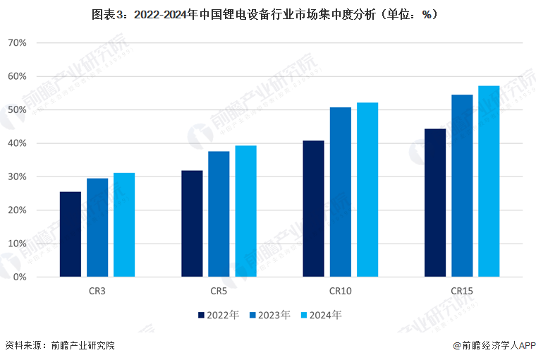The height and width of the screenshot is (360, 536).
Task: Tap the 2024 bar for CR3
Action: (x=124, y=224)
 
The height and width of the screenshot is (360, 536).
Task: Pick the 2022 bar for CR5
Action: (x=192, y=223)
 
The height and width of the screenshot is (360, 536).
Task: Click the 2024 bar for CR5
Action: (x=245, y=211)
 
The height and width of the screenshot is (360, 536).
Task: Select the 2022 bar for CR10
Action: (x=313, y=208)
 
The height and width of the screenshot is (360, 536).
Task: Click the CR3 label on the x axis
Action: (x=97, y=291)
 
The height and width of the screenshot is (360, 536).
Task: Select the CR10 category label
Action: (x=340, y=291)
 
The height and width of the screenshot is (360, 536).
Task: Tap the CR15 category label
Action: (x=462, y=291)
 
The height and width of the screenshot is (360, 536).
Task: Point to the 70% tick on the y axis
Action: (x=17, y=43)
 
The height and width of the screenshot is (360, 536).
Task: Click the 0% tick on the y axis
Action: (x=19, y=277)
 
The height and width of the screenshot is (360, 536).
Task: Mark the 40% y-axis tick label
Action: (x=17, y=143)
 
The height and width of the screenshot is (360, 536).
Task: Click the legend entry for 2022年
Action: (x=218, y=316)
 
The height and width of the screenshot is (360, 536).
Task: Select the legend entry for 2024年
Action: (x=321, y=316)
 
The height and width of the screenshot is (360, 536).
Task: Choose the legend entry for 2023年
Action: (x=269, y=316)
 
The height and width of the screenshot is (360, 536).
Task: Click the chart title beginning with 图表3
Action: (x=268, y=13)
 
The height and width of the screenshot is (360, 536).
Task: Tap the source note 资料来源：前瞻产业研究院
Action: (x=60, y=346)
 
